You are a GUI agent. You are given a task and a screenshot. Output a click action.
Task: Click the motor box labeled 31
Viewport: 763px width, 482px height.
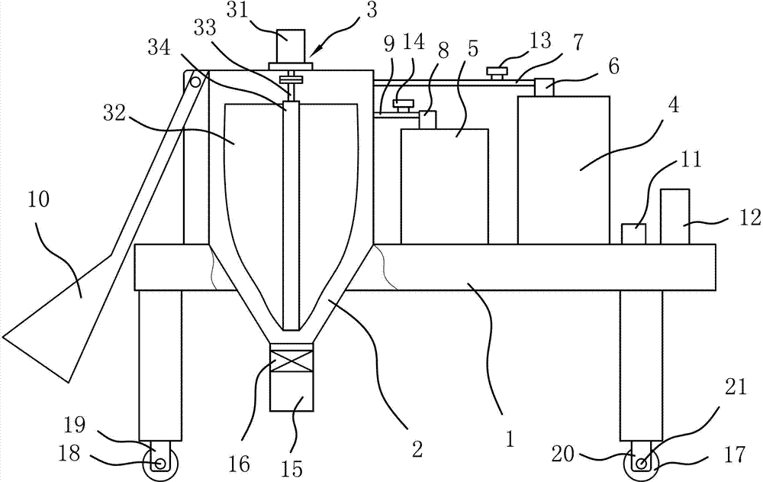click(x=291, y=46)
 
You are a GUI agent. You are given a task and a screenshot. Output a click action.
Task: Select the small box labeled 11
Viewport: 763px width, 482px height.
click(x=633, y=234)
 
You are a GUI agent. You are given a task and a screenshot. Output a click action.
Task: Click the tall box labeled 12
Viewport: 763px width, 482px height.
click(x=674, y=216)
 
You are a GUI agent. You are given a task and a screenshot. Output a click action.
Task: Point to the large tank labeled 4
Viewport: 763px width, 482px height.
click(x=563, y=170)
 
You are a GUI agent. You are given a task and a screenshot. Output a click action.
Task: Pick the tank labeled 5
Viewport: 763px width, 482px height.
click(x=444, y=186)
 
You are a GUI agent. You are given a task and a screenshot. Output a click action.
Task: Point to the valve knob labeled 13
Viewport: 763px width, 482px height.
click(x=497, y=73)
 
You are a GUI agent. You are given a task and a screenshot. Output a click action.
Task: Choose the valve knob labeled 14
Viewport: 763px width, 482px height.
click(x=403, y=102)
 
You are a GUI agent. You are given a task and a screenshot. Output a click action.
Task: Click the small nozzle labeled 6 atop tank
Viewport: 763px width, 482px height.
click(x=544, y=88)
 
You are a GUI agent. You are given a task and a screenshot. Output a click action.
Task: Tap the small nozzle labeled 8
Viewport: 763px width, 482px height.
click(x=428, y=120)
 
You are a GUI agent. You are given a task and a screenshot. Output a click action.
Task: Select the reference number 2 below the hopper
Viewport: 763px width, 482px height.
click(x=417, y=448)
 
